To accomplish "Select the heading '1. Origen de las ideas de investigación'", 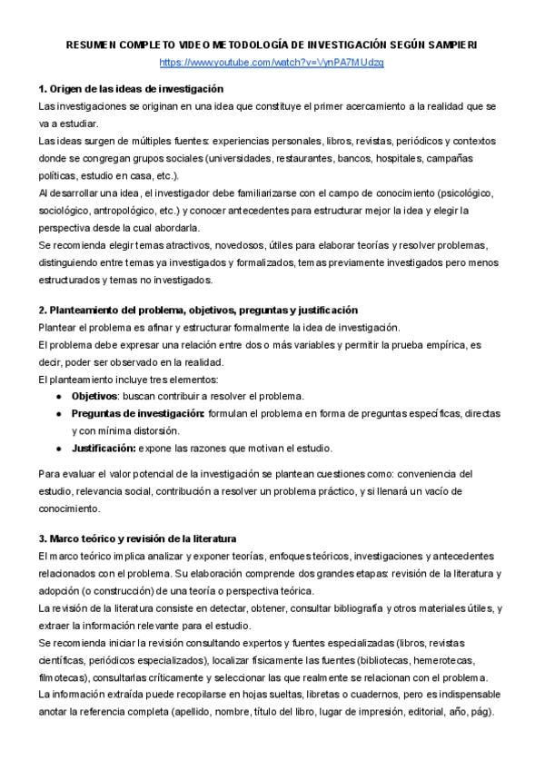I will [x=131, y=89].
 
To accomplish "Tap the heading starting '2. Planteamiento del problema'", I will [x=198, y=310].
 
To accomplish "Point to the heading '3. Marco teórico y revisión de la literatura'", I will [x=144, y=538].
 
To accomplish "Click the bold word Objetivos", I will [x=94, y=396].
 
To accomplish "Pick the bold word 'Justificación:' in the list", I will [x=104, y=448].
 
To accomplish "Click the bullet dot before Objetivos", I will [x=58, y=397].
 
